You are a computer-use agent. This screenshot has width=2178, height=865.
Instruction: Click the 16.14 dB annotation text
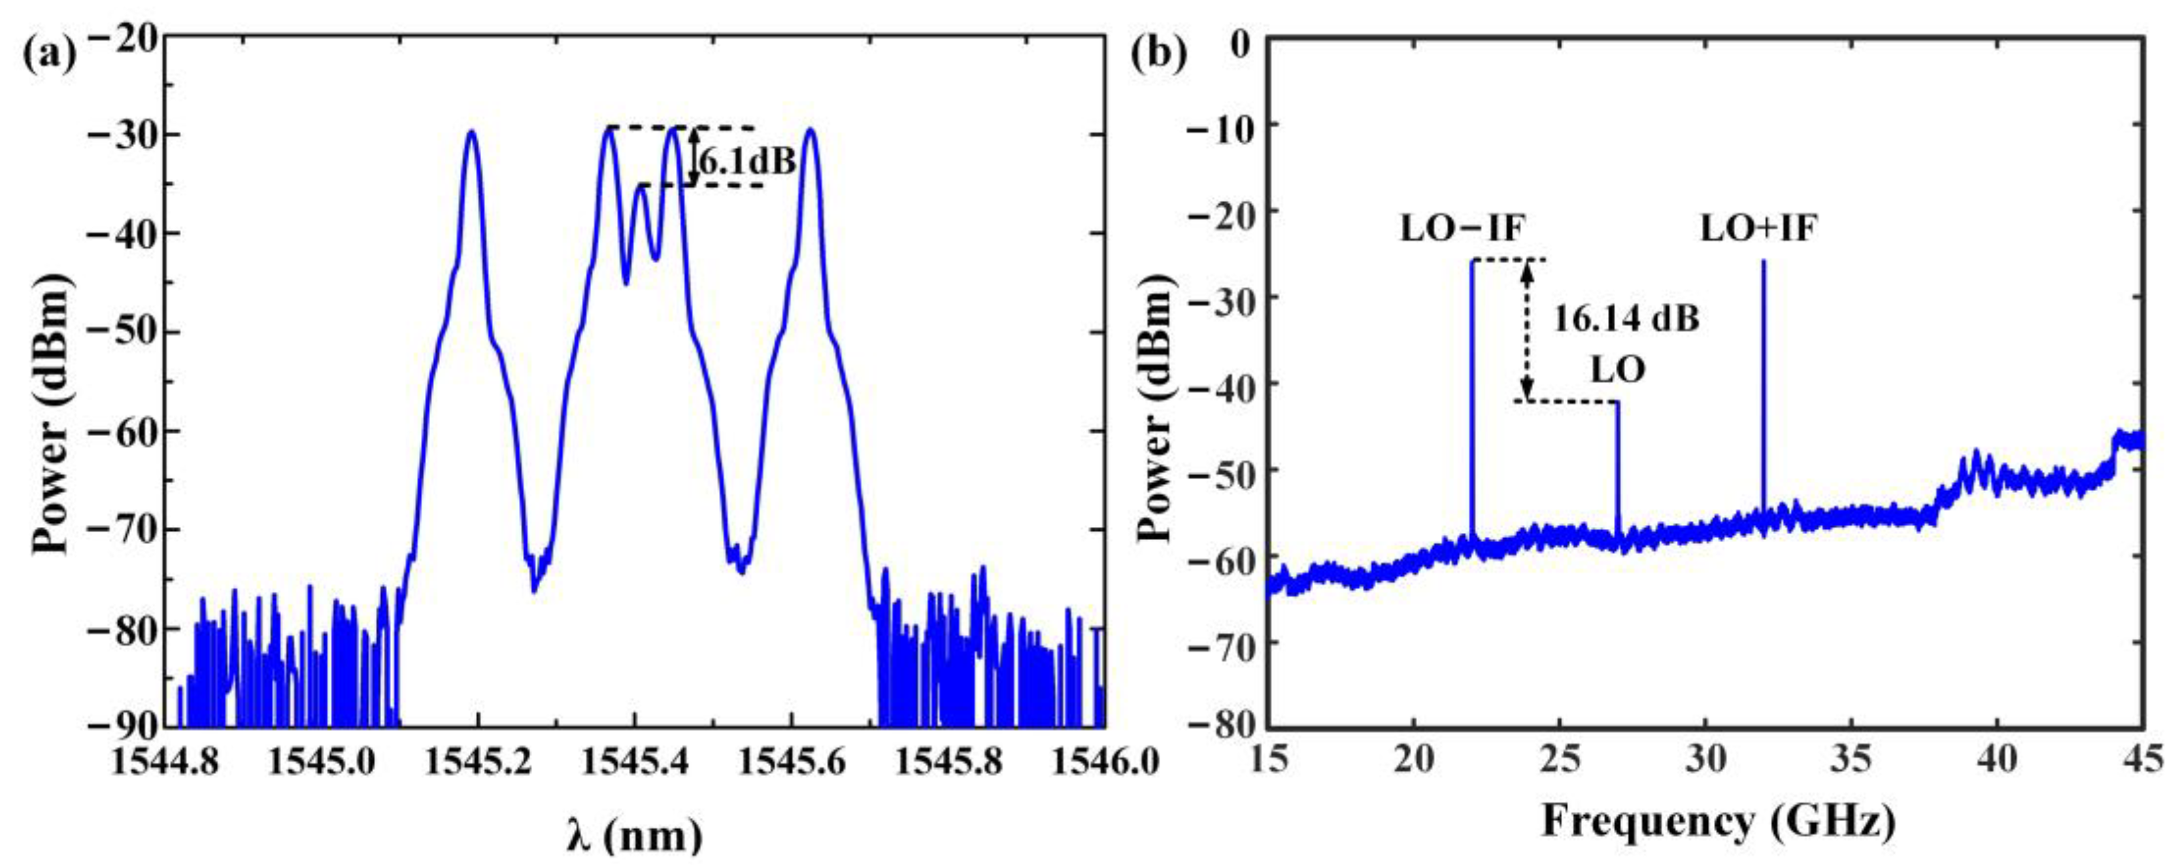click(x=1626, y=319)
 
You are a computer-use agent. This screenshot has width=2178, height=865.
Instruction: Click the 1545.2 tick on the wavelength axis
click(x=478, y=764)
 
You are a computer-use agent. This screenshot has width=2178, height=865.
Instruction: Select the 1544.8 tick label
click(x=166, y=764)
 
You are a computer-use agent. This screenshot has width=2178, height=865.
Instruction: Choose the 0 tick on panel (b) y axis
click(x=1241, y=39)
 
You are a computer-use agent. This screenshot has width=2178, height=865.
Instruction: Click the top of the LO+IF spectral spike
click(x=1764, y=262)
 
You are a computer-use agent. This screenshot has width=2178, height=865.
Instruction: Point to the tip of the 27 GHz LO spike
click(x=1617, y=403)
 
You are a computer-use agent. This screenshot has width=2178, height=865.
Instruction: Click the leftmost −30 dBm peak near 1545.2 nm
click(x=471, y=132)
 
